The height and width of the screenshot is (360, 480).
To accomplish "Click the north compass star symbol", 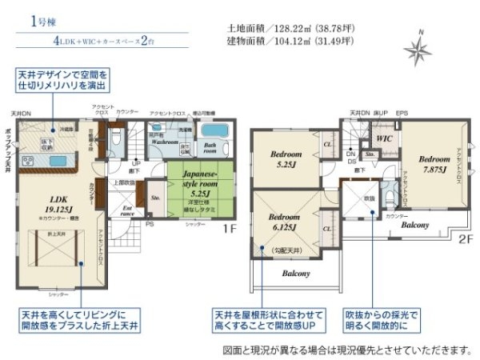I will click(x=418, y=50).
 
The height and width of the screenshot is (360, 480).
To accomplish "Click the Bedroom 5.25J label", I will click(x=286, y=158).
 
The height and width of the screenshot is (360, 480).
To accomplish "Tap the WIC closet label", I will click(x=383, y=138).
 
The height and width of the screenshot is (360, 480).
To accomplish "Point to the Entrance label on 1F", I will click(x=127, y=210).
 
